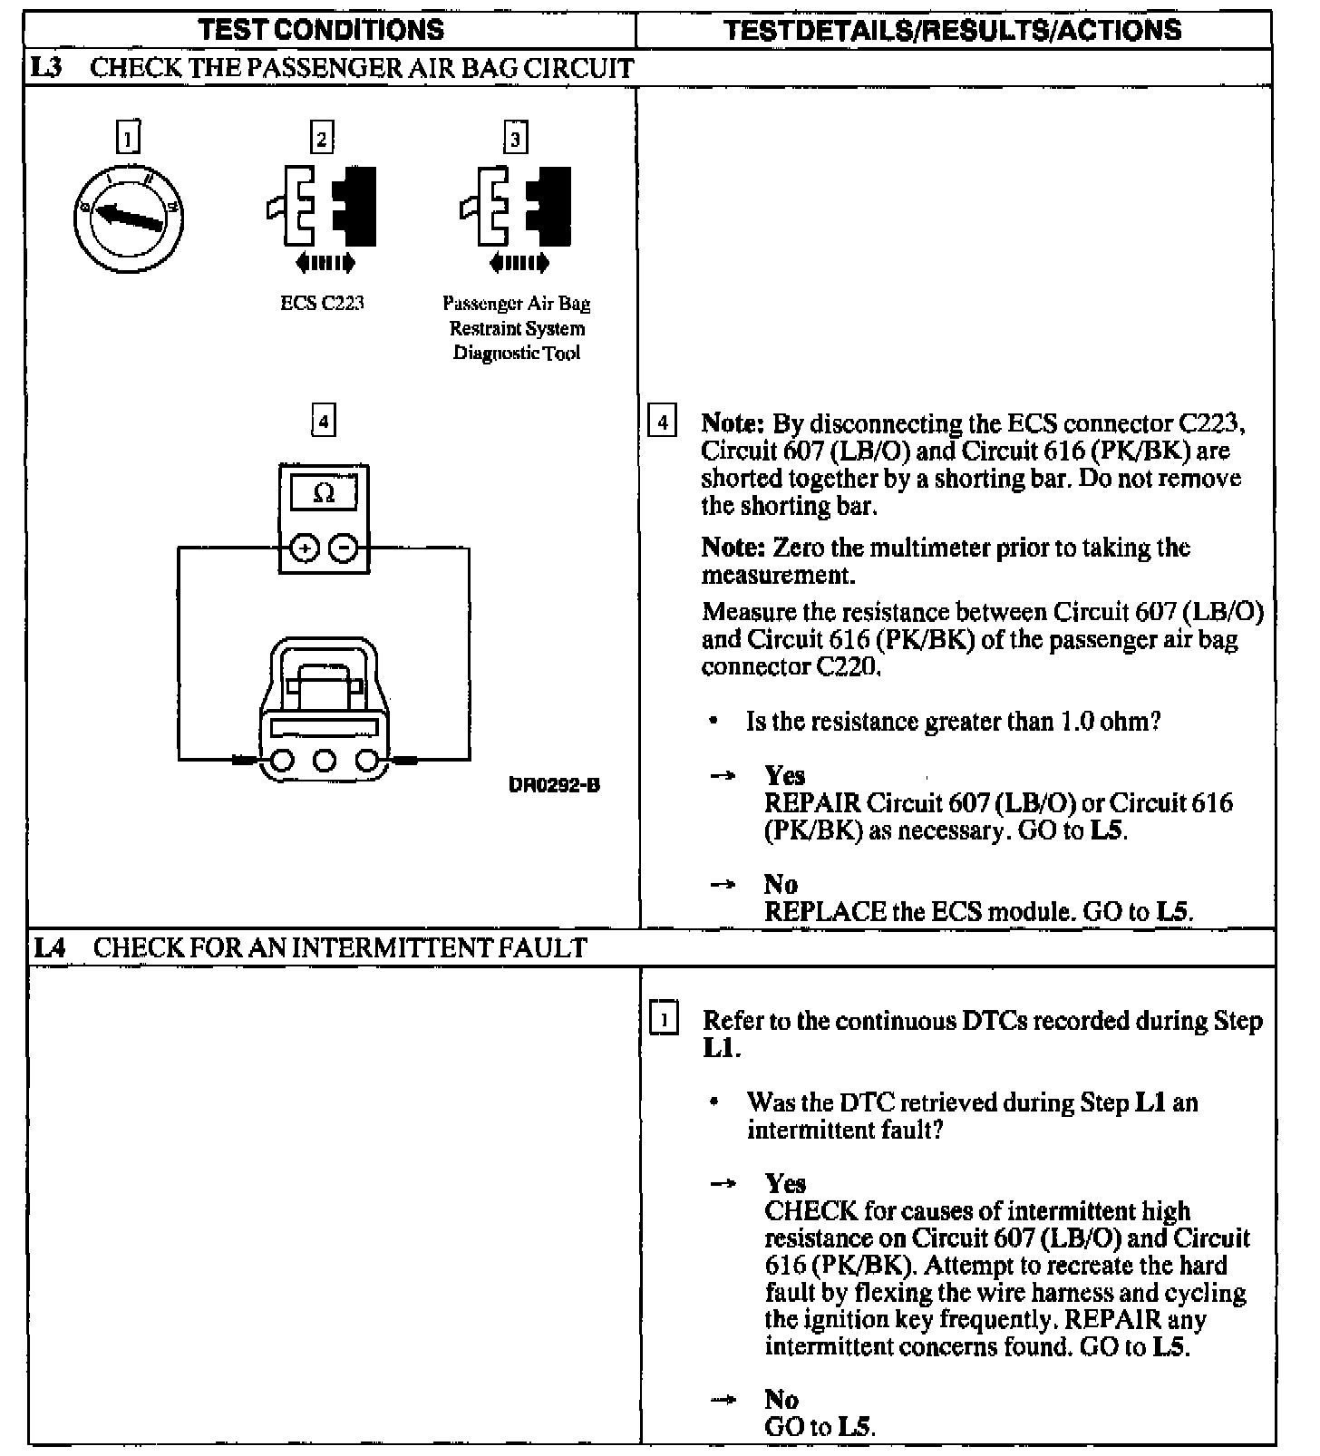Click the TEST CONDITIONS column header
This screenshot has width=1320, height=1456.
322,30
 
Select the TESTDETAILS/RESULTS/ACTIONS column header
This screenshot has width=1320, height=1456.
954,30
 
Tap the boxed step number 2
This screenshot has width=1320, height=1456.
322,138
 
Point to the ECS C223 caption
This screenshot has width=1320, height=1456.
322,304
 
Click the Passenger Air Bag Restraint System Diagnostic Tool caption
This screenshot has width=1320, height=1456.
517,328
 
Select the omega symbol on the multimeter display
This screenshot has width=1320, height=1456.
323,494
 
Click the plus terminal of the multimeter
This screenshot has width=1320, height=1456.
305,548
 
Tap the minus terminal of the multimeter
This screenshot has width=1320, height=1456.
343,548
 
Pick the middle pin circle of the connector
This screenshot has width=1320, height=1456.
325,760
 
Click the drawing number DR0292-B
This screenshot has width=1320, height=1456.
554,785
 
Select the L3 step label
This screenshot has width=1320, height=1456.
46,68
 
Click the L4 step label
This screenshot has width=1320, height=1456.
49,948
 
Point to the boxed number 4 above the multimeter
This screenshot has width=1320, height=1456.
323,421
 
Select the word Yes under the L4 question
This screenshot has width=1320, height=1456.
785,1183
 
